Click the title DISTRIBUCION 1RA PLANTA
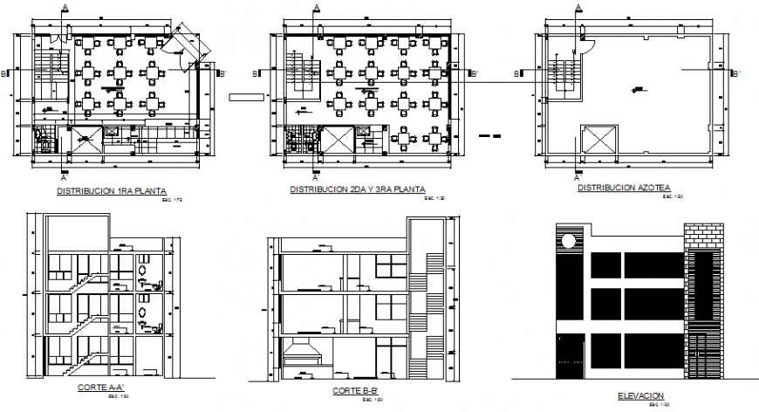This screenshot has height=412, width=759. tap(111, 190)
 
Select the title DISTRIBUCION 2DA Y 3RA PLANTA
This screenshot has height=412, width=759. tap(358, 189)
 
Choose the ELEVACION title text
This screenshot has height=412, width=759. tap(639, 395)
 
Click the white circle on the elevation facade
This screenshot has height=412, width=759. tap(568, 240)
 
